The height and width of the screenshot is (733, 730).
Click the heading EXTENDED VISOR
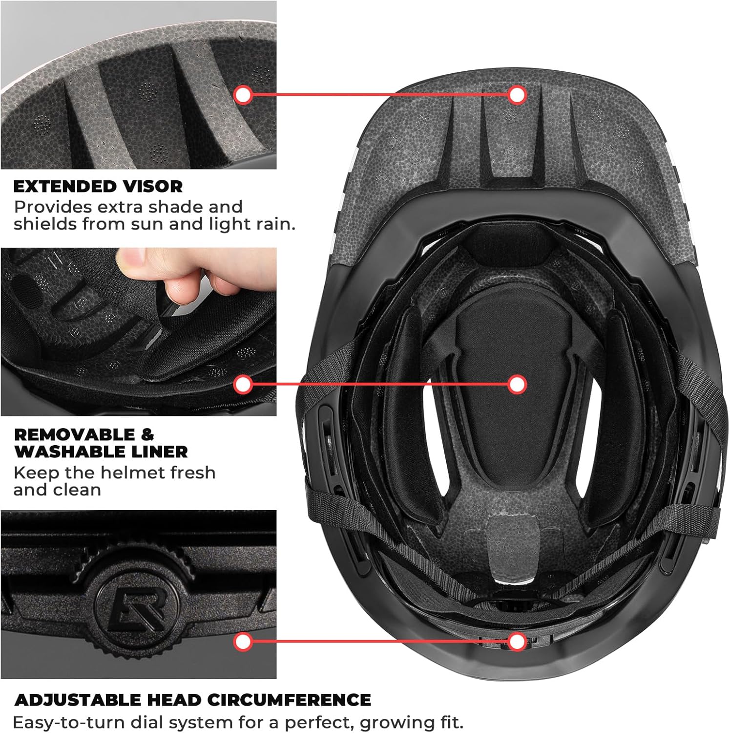(x=98, y=186)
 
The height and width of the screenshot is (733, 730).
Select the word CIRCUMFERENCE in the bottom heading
(x=289, y=700)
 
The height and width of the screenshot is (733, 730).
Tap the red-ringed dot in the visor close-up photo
(x=243, y=94)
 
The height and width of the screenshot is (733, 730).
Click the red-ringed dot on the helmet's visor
(x=517, y=94)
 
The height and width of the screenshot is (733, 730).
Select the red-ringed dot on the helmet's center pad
(x=517, y=385)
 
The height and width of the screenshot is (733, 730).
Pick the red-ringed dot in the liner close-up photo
(x=243, y=385)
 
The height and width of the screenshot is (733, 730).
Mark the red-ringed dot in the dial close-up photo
(x=243, y=642)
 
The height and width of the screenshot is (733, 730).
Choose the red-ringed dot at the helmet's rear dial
(x=517, y=642)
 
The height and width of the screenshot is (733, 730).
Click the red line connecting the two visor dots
(x=380, y=94)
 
